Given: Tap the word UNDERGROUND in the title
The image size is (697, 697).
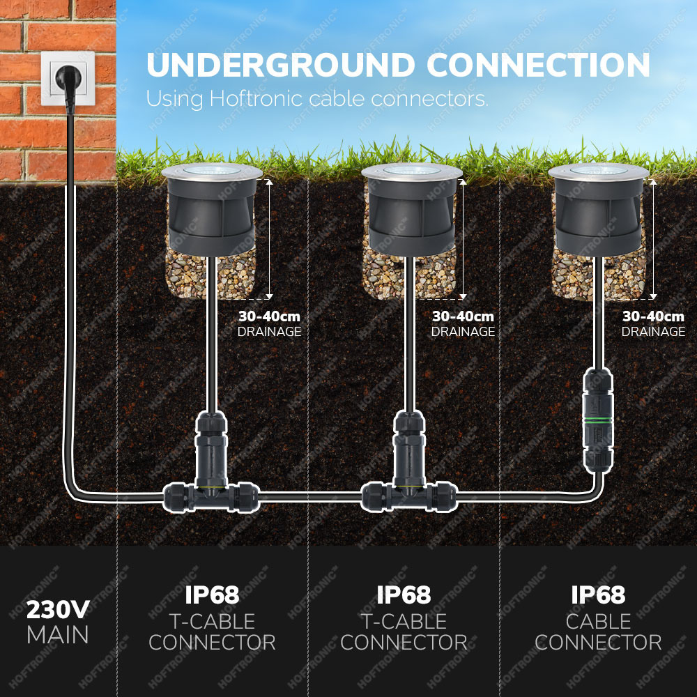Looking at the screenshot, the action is pyautogui.click(x=281, y=66).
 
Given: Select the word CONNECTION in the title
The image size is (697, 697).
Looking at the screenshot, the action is pyautogui.click(x=538, y=66).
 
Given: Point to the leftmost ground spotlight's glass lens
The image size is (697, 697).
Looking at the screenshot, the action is pyautogui.click(x=212, y=170).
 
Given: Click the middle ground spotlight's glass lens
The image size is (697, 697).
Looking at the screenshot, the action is pyautogui.click(x=412, y=170).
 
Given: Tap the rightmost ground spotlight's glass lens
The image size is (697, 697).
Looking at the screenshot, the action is pyautogui.click(x=598, y=170).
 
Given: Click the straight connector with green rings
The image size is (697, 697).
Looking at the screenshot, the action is pyautogui.click(x=598, y=420).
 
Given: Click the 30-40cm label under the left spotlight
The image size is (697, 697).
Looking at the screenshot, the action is pyautogui.click(x=269, y=316).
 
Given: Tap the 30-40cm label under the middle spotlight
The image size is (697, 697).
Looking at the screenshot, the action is pyautogui.click(x=463, y=316).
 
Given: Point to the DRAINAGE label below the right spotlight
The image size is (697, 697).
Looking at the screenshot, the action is pyautogui.click(x=653, y=332).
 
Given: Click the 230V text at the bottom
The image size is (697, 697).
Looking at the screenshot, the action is pyautogui.click(x=58, y=610).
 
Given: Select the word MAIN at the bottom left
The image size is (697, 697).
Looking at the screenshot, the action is pyautogui.click(x=58, y=635).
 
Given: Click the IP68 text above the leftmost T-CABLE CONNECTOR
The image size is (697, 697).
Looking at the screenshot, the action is pyautogui.click(x=212, y=595).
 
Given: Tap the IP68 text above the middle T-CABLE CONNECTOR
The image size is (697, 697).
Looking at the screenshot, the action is pyautogui.click(x=404, y=595).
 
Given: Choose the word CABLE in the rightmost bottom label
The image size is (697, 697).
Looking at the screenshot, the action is pyautogui.click(x=598, y=622).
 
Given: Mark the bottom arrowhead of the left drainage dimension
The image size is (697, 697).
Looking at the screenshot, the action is pyautogui.click(x=269, y=296).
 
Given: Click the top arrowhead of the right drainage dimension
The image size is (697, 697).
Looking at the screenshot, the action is pyautogui.click(x=653, y=181).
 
